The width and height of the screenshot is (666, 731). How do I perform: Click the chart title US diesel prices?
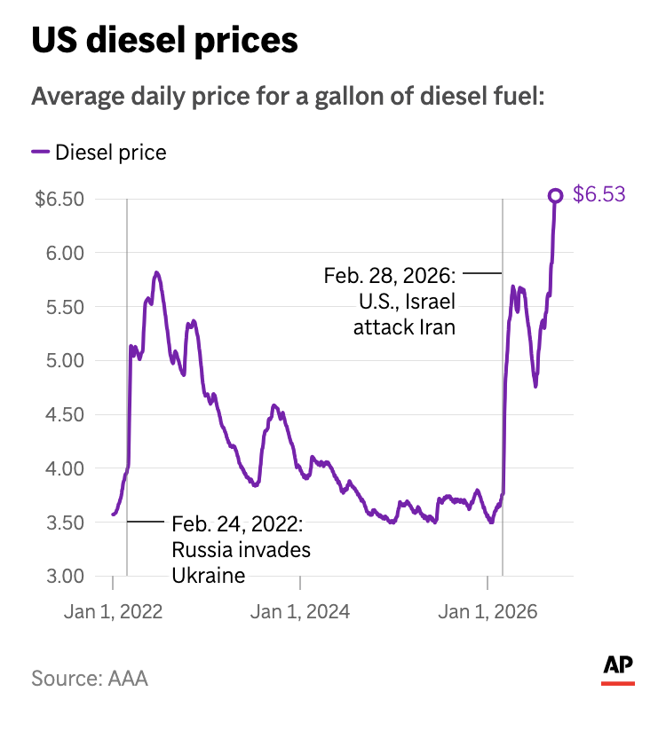(x=164, y=41)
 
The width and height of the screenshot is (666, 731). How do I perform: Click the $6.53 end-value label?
(x=599, y=194)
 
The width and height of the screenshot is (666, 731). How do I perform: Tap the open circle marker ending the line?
(x=555, y=196)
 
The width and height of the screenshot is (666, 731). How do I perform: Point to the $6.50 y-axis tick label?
(x=59, y=199)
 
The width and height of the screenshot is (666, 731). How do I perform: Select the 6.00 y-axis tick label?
(x=65, y=253)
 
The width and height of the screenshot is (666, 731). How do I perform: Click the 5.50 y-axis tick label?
(x=65, y=307)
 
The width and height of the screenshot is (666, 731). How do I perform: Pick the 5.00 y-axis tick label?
(x=65, y=360)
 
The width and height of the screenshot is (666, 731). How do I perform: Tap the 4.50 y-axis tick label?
(x=65, y=414)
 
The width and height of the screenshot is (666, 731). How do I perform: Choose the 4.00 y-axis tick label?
(x=65, y=468)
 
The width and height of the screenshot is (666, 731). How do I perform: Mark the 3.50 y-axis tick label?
(x=65, y=523)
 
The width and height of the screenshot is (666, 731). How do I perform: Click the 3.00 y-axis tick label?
(x=65, y=577)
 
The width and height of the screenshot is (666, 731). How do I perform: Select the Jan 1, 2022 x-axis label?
(x=113, y=611)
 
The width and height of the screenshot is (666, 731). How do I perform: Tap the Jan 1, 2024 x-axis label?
(x=300, y=611)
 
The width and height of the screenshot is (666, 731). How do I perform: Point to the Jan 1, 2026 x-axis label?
(x=488, y=611)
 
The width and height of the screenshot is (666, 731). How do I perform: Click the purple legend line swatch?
(x=40, y=152)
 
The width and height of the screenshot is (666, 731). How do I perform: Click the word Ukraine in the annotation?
(x=209, y=576)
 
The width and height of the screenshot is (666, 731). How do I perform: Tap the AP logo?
(x=618, y=670)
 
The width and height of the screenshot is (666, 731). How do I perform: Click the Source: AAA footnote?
(x=90, y=679)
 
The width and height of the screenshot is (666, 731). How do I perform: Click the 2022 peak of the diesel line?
(x=156, y=272)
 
